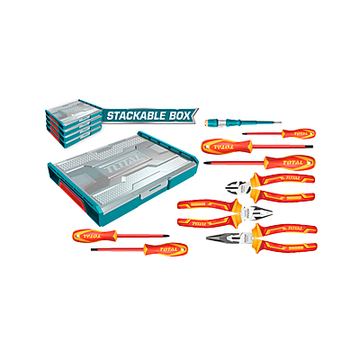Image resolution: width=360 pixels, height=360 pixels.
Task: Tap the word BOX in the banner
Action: coord(179,115)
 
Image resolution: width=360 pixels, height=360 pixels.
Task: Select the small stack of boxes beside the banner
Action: coord(74,123)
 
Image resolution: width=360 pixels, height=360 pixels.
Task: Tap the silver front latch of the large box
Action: coord(154,190)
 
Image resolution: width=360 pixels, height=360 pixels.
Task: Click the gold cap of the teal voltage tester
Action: coord(207,122)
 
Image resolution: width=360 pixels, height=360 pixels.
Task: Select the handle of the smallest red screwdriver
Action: coord(298,133)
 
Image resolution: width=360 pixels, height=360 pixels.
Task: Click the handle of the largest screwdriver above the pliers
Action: coord(289,163)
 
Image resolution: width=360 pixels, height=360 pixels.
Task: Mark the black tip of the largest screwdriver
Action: coord(206,163)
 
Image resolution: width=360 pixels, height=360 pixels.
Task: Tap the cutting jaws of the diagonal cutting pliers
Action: coord(238,187)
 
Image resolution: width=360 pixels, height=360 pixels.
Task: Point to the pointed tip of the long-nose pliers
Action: coord(208,238)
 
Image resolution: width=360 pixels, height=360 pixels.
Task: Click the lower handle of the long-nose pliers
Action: coord(286,247)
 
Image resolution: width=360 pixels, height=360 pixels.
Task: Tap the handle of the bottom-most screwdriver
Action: coord(166,249)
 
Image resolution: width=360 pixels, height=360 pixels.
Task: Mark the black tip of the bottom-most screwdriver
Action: coord(94,249)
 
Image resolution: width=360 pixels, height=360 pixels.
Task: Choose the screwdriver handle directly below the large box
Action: coord(94,236)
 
